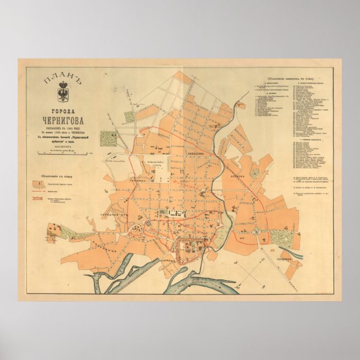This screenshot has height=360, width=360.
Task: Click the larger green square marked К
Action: point(129,116)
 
